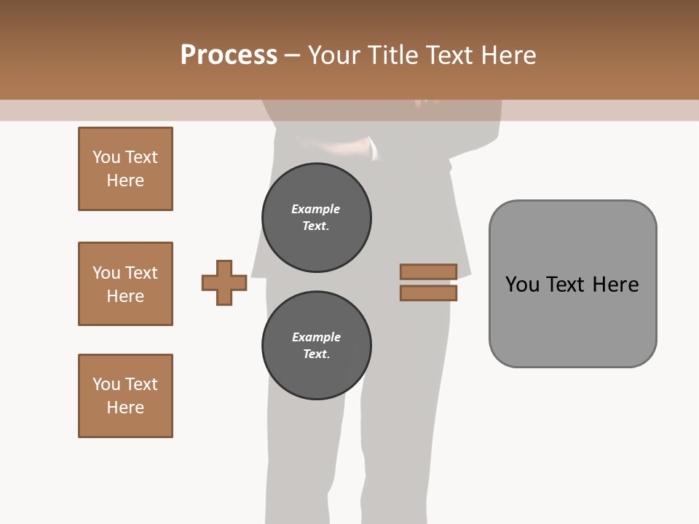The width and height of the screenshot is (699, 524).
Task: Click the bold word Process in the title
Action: point(229,55)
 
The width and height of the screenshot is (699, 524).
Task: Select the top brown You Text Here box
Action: point(125,169)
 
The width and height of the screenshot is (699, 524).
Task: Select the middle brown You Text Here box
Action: point(125,284)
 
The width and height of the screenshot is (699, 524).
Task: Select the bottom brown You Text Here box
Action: point(125,396)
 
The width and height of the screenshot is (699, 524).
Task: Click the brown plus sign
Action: point(224,282)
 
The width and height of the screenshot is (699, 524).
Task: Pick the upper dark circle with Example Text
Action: point(317,217)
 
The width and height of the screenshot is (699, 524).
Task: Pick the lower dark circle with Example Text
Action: point(317,345)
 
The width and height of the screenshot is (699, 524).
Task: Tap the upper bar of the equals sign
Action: point(428,271)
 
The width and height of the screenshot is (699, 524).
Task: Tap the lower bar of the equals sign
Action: point(428,293)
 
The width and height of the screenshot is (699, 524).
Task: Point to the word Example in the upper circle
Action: point(316,209)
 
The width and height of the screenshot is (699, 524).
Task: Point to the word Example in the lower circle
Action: point(316,337)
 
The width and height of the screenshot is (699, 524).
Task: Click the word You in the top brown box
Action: point(106,157)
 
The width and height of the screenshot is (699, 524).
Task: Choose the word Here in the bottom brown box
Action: point(125,408)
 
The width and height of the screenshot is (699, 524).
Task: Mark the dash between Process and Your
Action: point(293,55)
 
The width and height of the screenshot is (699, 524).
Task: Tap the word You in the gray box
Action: point(522,285)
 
